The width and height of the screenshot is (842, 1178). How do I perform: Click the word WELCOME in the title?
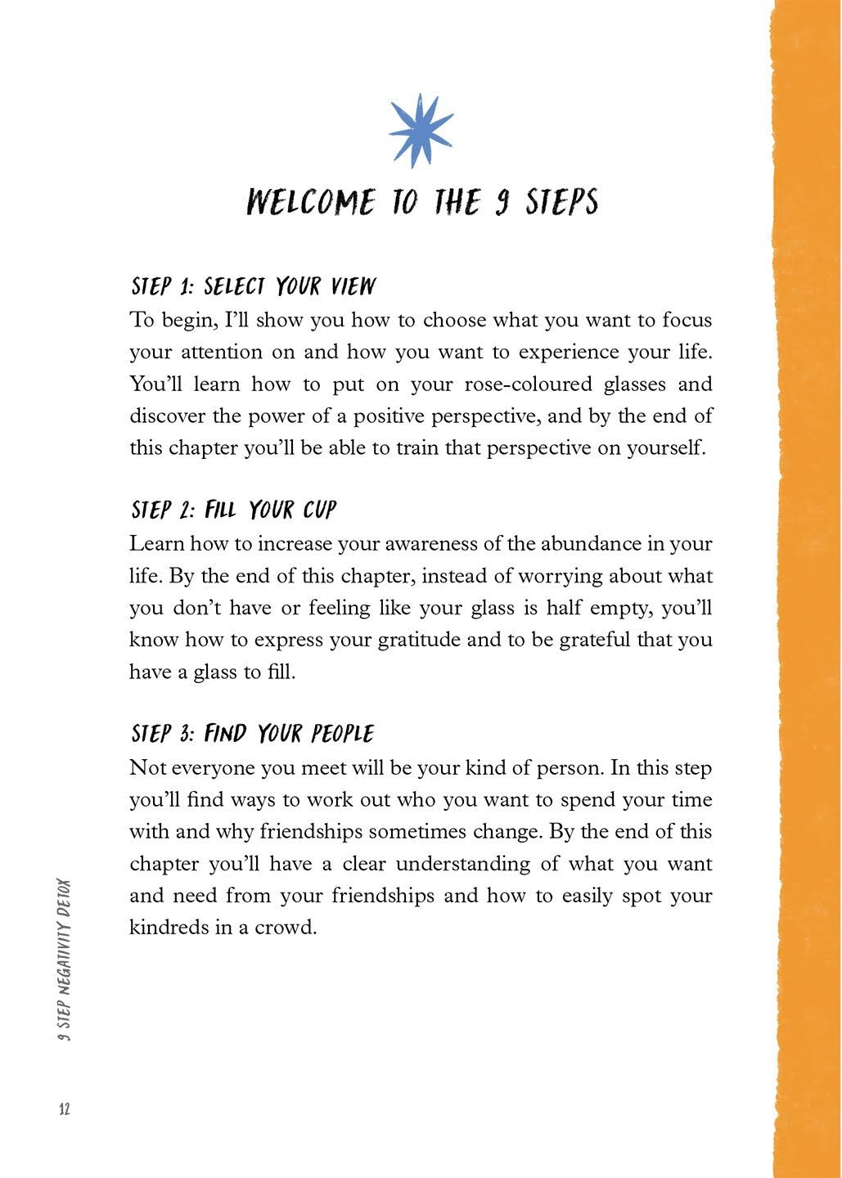[x=311, y=201]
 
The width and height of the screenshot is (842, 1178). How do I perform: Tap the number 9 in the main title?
[x=502, y=201]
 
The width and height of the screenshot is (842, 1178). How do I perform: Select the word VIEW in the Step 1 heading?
[x=353, y=286]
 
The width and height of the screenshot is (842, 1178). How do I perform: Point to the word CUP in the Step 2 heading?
[x=320, y=510]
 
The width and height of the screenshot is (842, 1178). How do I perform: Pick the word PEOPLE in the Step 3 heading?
[x=342, y=733]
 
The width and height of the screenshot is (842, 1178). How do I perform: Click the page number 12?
[x=65, y=1108]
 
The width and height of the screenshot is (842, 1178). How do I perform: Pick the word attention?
[x=221, y=353]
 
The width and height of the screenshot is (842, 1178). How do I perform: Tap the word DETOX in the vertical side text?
[x=65, y=897]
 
